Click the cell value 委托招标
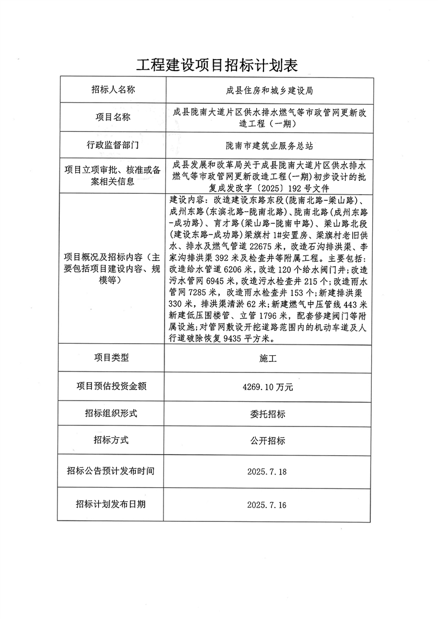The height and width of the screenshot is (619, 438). pos(268,414)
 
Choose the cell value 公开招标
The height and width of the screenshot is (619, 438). pos(268,441)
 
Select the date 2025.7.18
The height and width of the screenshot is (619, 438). pos(267,472)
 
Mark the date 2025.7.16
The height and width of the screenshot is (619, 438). pos(267,504)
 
